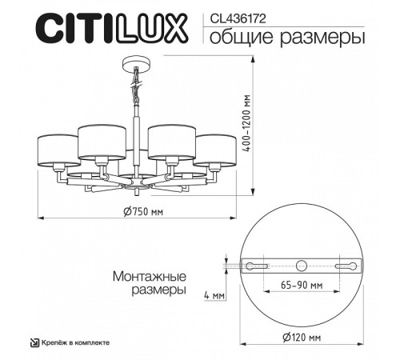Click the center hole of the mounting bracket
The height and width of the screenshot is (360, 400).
pyautogui.click(x=301, y=266)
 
